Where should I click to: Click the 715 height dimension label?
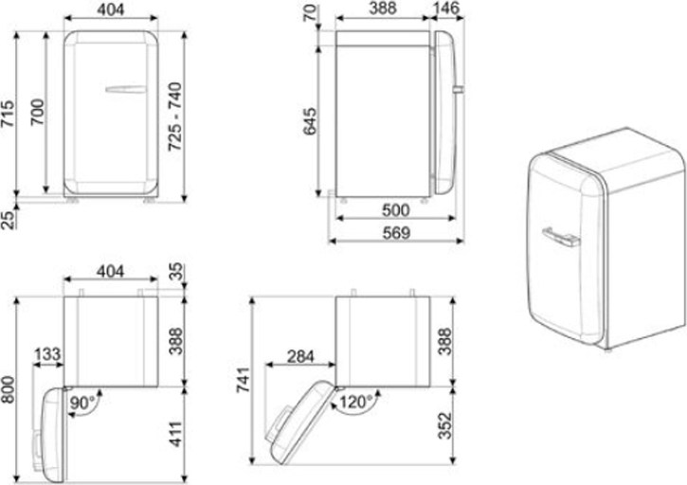coord(8,115)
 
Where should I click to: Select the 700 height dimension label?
coord(38,112)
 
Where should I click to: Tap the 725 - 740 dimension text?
coord(175,117)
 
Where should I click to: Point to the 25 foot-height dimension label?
coord(8,221)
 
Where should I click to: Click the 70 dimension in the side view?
coord(311,12)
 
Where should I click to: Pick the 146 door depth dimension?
coord(446,8)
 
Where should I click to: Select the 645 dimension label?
coord(310,121)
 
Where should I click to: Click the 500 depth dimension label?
coord(396,210)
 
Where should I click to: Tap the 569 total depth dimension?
coord(396,233)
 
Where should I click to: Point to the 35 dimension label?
coord(176,272)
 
